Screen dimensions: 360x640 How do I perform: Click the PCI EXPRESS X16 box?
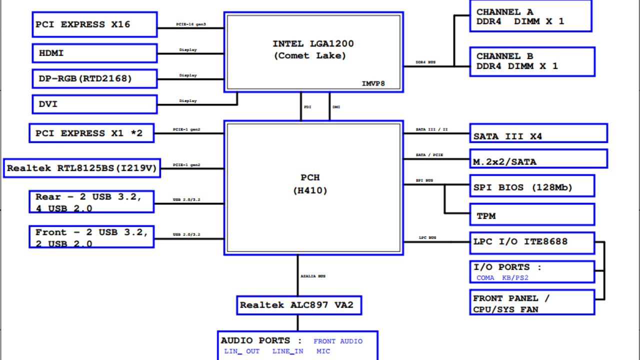95,24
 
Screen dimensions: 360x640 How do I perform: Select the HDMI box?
95,53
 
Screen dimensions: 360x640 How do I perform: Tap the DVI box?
95,104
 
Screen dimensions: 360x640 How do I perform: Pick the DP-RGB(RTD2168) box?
95,78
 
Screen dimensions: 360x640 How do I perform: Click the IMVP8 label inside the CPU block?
373,84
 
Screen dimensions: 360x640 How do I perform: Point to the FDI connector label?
307,107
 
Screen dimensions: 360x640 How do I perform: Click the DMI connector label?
336,107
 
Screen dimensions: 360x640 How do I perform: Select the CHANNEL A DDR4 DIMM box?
530,16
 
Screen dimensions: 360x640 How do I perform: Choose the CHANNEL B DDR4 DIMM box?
532,61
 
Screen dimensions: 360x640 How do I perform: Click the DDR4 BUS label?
425,62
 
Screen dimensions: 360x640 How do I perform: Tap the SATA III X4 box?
538,133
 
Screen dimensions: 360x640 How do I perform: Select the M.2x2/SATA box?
538,159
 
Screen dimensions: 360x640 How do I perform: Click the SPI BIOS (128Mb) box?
532,186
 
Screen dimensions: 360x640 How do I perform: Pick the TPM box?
532,214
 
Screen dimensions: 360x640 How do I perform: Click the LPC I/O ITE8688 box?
532,242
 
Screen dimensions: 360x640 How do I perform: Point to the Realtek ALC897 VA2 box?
299,305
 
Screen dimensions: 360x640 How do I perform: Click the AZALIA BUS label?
313,276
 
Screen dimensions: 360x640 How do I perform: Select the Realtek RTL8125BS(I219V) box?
81,168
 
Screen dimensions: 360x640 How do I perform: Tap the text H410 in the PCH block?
310,190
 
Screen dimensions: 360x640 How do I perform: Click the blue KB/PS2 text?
515,278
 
